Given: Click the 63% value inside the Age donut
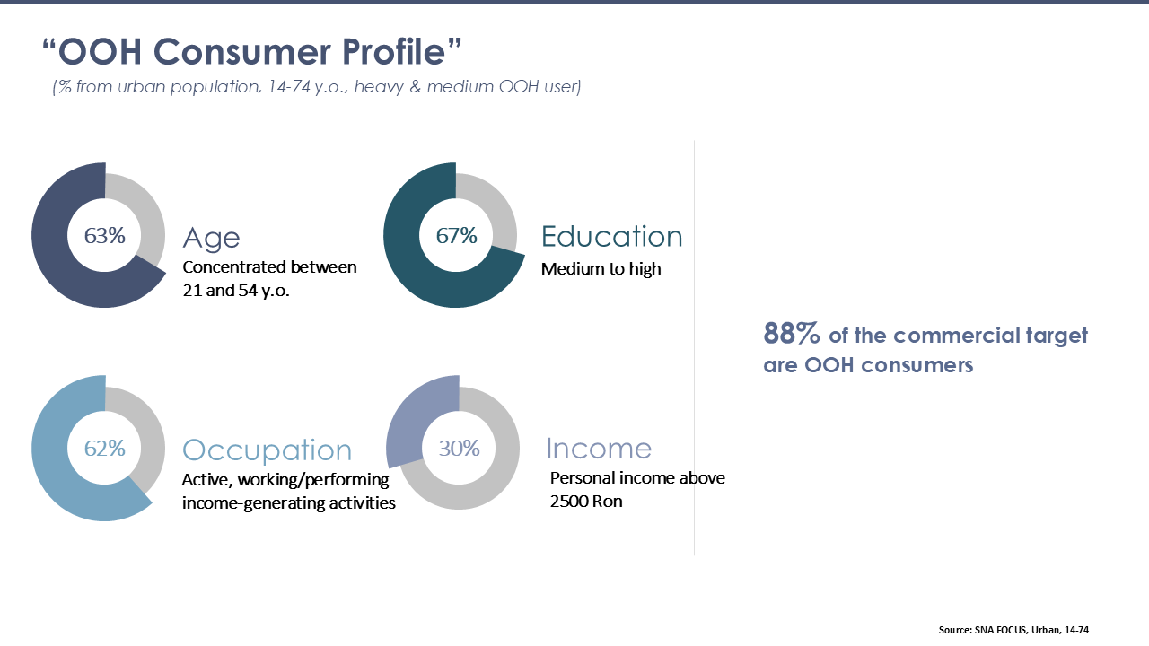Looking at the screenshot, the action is pos(105,236).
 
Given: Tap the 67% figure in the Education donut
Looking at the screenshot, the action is pos(457,236).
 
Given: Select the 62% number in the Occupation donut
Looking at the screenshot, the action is pos(105,449).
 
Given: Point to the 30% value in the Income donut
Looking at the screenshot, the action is pos(459,449).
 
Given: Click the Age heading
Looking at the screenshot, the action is pos(211,239).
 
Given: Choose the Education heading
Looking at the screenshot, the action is pos(612,236).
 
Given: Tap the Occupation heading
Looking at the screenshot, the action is pos(268,450).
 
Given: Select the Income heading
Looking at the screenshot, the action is pos(599,449).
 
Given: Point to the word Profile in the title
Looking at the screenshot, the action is pos(393,52).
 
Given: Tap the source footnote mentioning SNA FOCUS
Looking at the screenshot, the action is pos(1013,630).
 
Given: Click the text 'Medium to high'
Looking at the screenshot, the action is pos(601,268).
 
